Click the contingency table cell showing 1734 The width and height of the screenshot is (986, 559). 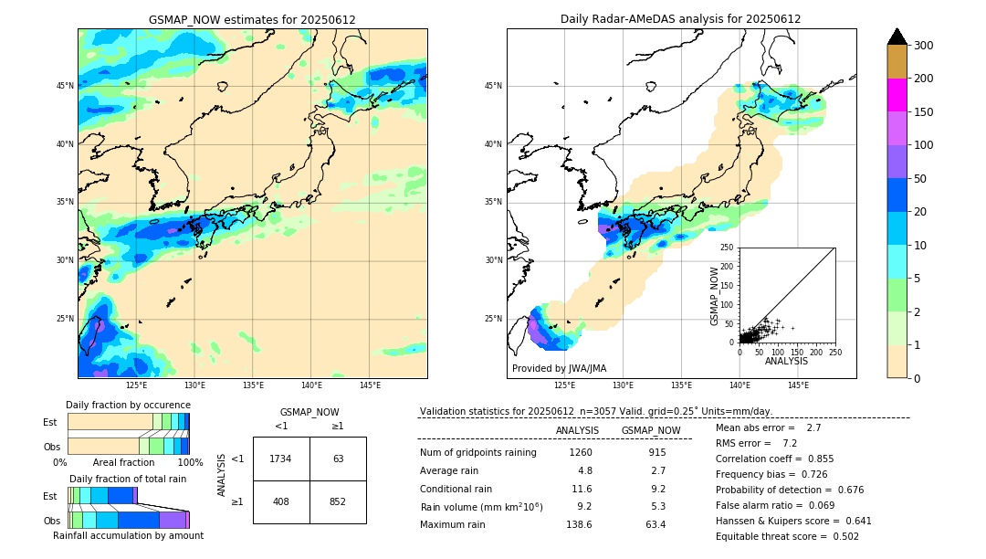[x=280, y=459]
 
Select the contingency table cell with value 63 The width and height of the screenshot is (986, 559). [x=338, y=459]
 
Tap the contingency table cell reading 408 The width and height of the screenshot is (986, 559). [x=280, y=501]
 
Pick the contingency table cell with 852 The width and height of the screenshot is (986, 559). [x=338, y=501]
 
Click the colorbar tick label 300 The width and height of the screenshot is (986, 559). [x=924, y=46]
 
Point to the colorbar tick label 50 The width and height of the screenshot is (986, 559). [x=920, y=179]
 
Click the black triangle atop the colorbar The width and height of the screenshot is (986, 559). [x=897, y=37]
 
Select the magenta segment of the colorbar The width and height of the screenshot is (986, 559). [x=897, y=95]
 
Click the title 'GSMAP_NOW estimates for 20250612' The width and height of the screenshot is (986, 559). [x=252, y=19]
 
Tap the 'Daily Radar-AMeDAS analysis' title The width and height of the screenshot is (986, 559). [x=681, y=19]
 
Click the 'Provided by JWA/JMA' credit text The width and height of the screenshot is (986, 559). [x=559, y=368]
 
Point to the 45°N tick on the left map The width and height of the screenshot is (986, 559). [x=65, y=86]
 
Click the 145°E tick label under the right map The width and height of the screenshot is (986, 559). [x=798, y=385]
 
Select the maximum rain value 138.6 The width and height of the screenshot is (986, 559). [x=578, y=524]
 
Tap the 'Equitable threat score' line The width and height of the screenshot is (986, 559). [x=787, y=536]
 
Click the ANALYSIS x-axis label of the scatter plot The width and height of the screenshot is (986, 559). [x=786, y=361]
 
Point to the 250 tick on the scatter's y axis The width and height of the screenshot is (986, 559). [x=728, y=248]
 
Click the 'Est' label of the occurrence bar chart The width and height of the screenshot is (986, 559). [x=50, y=422]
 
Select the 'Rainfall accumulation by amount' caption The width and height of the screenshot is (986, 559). [x=128, y=535]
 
